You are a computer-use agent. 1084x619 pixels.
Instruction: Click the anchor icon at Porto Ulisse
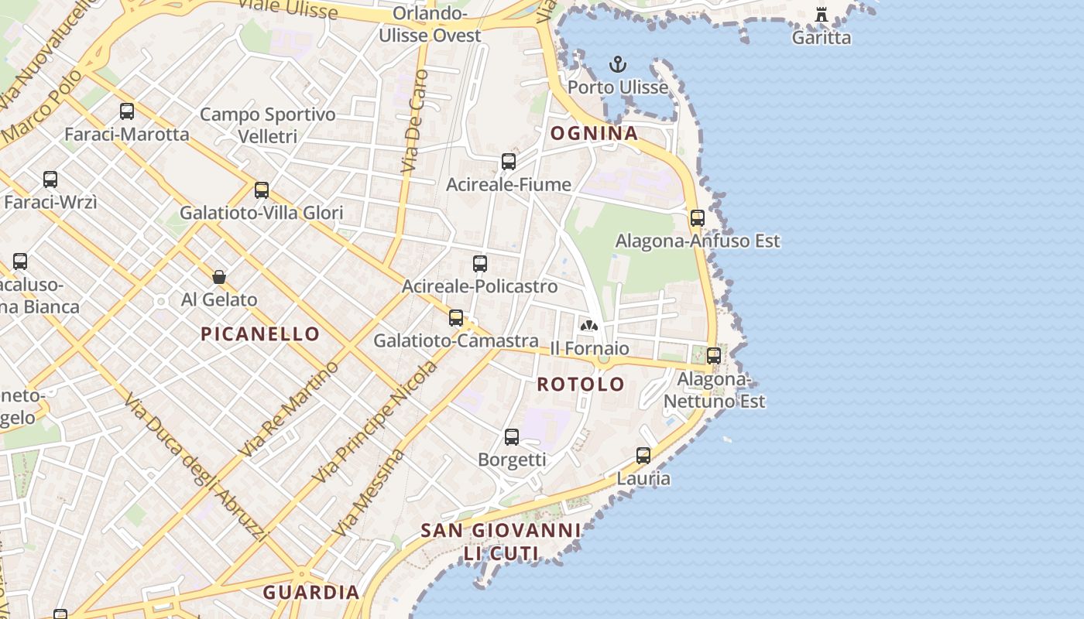[617, 64]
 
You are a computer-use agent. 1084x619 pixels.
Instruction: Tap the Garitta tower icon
[822, 15]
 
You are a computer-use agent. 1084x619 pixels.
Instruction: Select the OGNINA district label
[594, 133]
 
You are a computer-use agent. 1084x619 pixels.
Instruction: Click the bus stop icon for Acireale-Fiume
[509, 162]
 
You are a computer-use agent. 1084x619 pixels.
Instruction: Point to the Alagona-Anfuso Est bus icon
[698, 218]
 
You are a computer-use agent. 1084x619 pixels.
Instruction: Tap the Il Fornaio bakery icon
[589, 326]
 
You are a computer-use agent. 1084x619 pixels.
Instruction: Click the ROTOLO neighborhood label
[581, 384]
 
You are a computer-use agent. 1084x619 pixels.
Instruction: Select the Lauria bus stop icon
[643, 456]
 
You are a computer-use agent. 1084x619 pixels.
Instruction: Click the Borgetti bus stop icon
[512, 437]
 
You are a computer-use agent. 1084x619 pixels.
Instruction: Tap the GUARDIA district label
[311, 593]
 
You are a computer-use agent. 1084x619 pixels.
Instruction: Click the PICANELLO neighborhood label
[260, 334]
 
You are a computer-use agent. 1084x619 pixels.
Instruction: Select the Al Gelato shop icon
[219, 277]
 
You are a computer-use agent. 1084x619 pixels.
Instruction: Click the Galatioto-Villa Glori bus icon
[262, 190]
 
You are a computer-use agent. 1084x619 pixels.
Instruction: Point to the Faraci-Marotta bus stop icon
[127, 111]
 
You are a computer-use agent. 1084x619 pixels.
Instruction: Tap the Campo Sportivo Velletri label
[268, 125]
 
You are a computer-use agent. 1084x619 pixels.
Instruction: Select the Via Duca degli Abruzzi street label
[195, 468]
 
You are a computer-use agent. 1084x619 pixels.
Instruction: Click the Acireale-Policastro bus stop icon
[480, 264]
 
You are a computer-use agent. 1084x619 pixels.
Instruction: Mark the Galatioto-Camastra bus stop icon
[456, 318]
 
